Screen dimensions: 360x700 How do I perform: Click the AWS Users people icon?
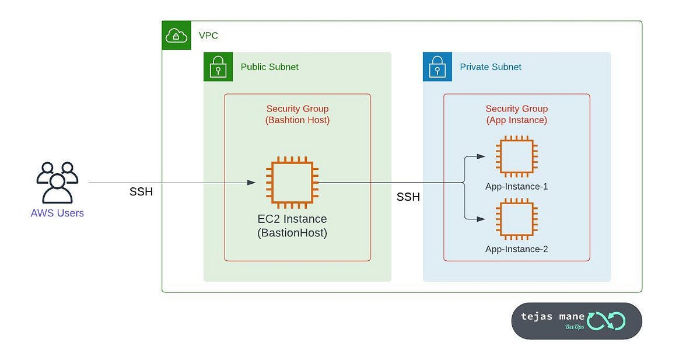point(57,182)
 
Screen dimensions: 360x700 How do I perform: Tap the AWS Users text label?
point(57,214)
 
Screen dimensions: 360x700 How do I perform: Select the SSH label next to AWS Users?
point(141,192)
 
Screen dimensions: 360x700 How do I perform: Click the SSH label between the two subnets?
point(408,197)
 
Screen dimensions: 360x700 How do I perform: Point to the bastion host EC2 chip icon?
point(292,183)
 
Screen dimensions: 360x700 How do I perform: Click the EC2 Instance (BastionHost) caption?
point(292,226)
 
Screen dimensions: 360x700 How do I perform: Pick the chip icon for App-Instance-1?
point(516,156)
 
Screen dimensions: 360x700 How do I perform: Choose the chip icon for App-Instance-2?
point(516,219)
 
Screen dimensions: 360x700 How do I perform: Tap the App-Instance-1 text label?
point(516,187)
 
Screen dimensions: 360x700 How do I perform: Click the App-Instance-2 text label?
point(516,249)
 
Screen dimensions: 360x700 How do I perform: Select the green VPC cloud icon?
point(176,36)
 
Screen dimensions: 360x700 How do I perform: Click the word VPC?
point(208,36)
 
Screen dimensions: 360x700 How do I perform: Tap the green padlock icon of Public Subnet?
point(218,67)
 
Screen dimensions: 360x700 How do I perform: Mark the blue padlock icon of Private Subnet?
point(437,67)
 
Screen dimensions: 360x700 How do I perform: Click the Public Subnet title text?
point(269,67)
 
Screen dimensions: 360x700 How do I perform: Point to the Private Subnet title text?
point(491,67)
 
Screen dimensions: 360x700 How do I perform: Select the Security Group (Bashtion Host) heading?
point(297,114)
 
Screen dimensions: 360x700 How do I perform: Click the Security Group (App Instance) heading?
point(516,114)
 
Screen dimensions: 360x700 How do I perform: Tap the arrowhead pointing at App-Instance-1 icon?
point(481,156)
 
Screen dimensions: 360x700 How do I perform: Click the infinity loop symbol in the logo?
point(606,320)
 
